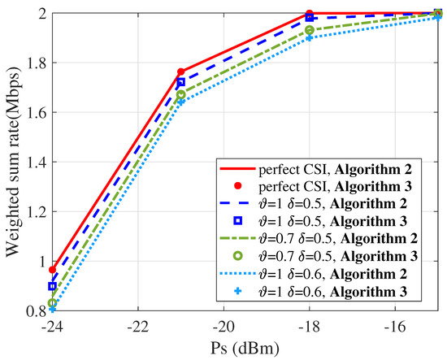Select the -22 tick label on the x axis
point(137,323)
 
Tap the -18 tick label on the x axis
point(309,323)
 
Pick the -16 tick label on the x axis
point(395,323)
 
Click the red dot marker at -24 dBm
point(53,270)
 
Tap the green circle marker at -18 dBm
point(310,30)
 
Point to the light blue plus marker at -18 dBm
point(310,37)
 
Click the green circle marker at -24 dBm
point(53,302)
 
